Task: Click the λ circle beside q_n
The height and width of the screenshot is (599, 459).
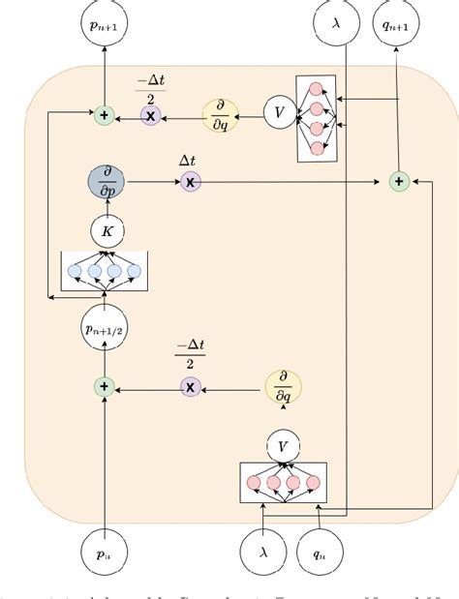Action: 263,554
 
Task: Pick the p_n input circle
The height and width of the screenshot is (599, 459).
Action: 104,554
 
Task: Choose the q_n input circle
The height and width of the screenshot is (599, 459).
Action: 319,554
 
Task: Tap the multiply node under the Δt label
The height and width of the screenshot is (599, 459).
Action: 191,182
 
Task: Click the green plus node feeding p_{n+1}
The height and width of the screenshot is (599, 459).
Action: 104,115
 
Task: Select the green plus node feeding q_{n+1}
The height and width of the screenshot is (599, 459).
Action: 397,181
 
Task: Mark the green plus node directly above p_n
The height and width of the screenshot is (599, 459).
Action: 104,387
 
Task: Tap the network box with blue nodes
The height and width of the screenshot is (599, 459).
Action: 103,270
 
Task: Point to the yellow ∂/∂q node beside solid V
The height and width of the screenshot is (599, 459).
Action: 221,114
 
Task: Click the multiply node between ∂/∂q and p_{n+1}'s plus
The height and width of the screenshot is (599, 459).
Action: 150,115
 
